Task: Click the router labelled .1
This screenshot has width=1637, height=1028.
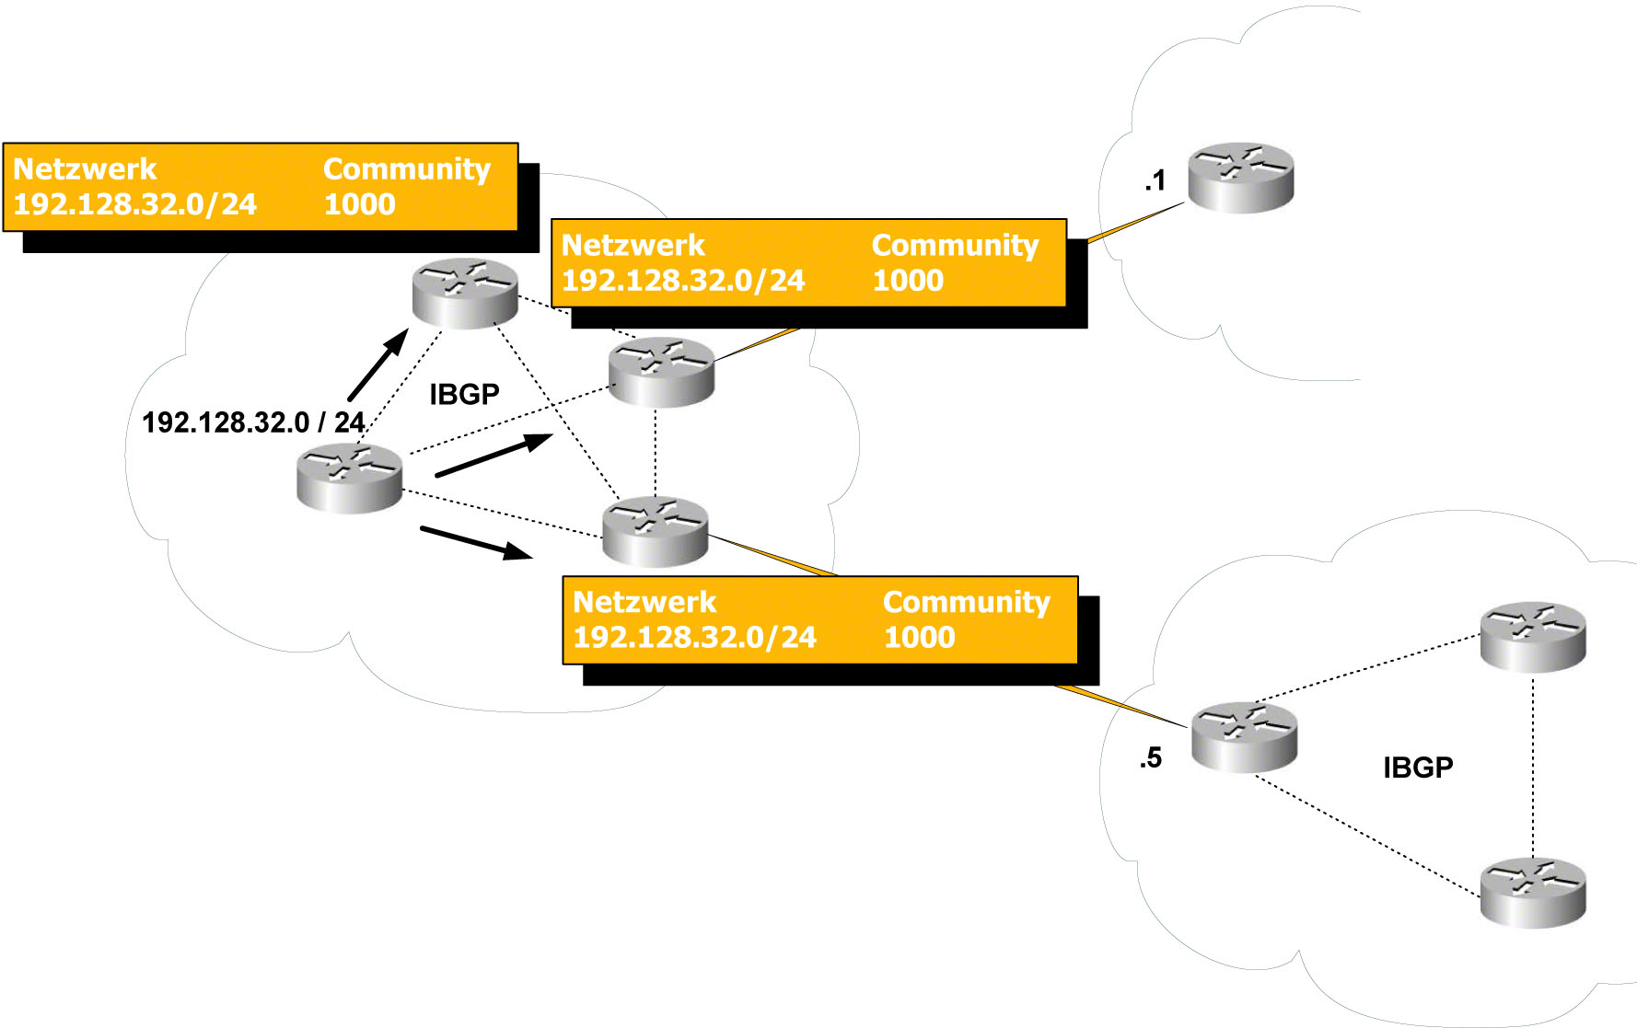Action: tap(1240, 178)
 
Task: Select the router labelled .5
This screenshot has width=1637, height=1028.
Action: tap(1244, 736)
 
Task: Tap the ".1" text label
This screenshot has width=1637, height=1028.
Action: tap(1155, 180)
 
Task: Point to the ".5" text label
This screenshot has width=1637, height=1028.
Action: tap(1151, 758)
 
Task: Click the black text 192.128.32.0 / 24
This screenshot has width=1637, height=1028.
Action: tap(253, 422)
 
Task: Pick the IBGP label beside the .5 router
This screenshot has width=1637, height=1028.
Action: tap(1418, 768)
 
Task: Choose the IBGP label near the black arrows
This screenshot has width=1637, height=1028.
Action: tap(464, 395)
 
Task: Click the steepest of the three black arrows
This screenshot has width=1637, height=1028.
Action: tap(378, 364)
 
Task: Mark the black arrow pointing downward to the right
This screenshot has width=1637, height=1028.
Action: tap(475, 542)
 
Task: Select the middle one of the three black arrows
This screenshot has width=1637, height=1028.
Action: tap(493, 455)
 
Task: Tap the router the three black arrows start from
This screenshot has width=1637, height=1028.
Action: tap(349, 478)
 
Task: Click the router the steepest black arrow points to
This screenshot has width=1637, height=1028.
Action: tap(465, 293)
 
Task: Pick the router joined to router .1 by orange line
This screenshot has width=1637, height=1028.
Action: tap(661, 372)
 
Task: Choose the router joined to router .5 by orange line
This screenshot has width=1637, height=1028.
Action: tap(655, 531)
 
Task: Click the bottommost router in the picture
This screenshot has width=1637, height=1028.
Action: tap(1532, 892)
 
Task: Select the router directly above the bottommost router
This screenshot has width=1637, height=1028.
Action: tap(1532, 636)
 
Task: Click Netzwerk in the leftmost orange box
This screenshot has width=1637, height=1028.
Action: tap(85, 169)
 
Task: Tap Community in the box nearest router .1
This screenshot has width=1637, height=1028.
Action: tap(955, 246)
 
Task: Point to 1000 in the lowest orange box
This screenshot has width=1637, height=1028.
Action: tap(919, 637)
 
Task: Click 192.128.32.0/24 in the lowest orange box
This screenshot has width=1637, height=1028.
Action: tap(694, 637)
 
